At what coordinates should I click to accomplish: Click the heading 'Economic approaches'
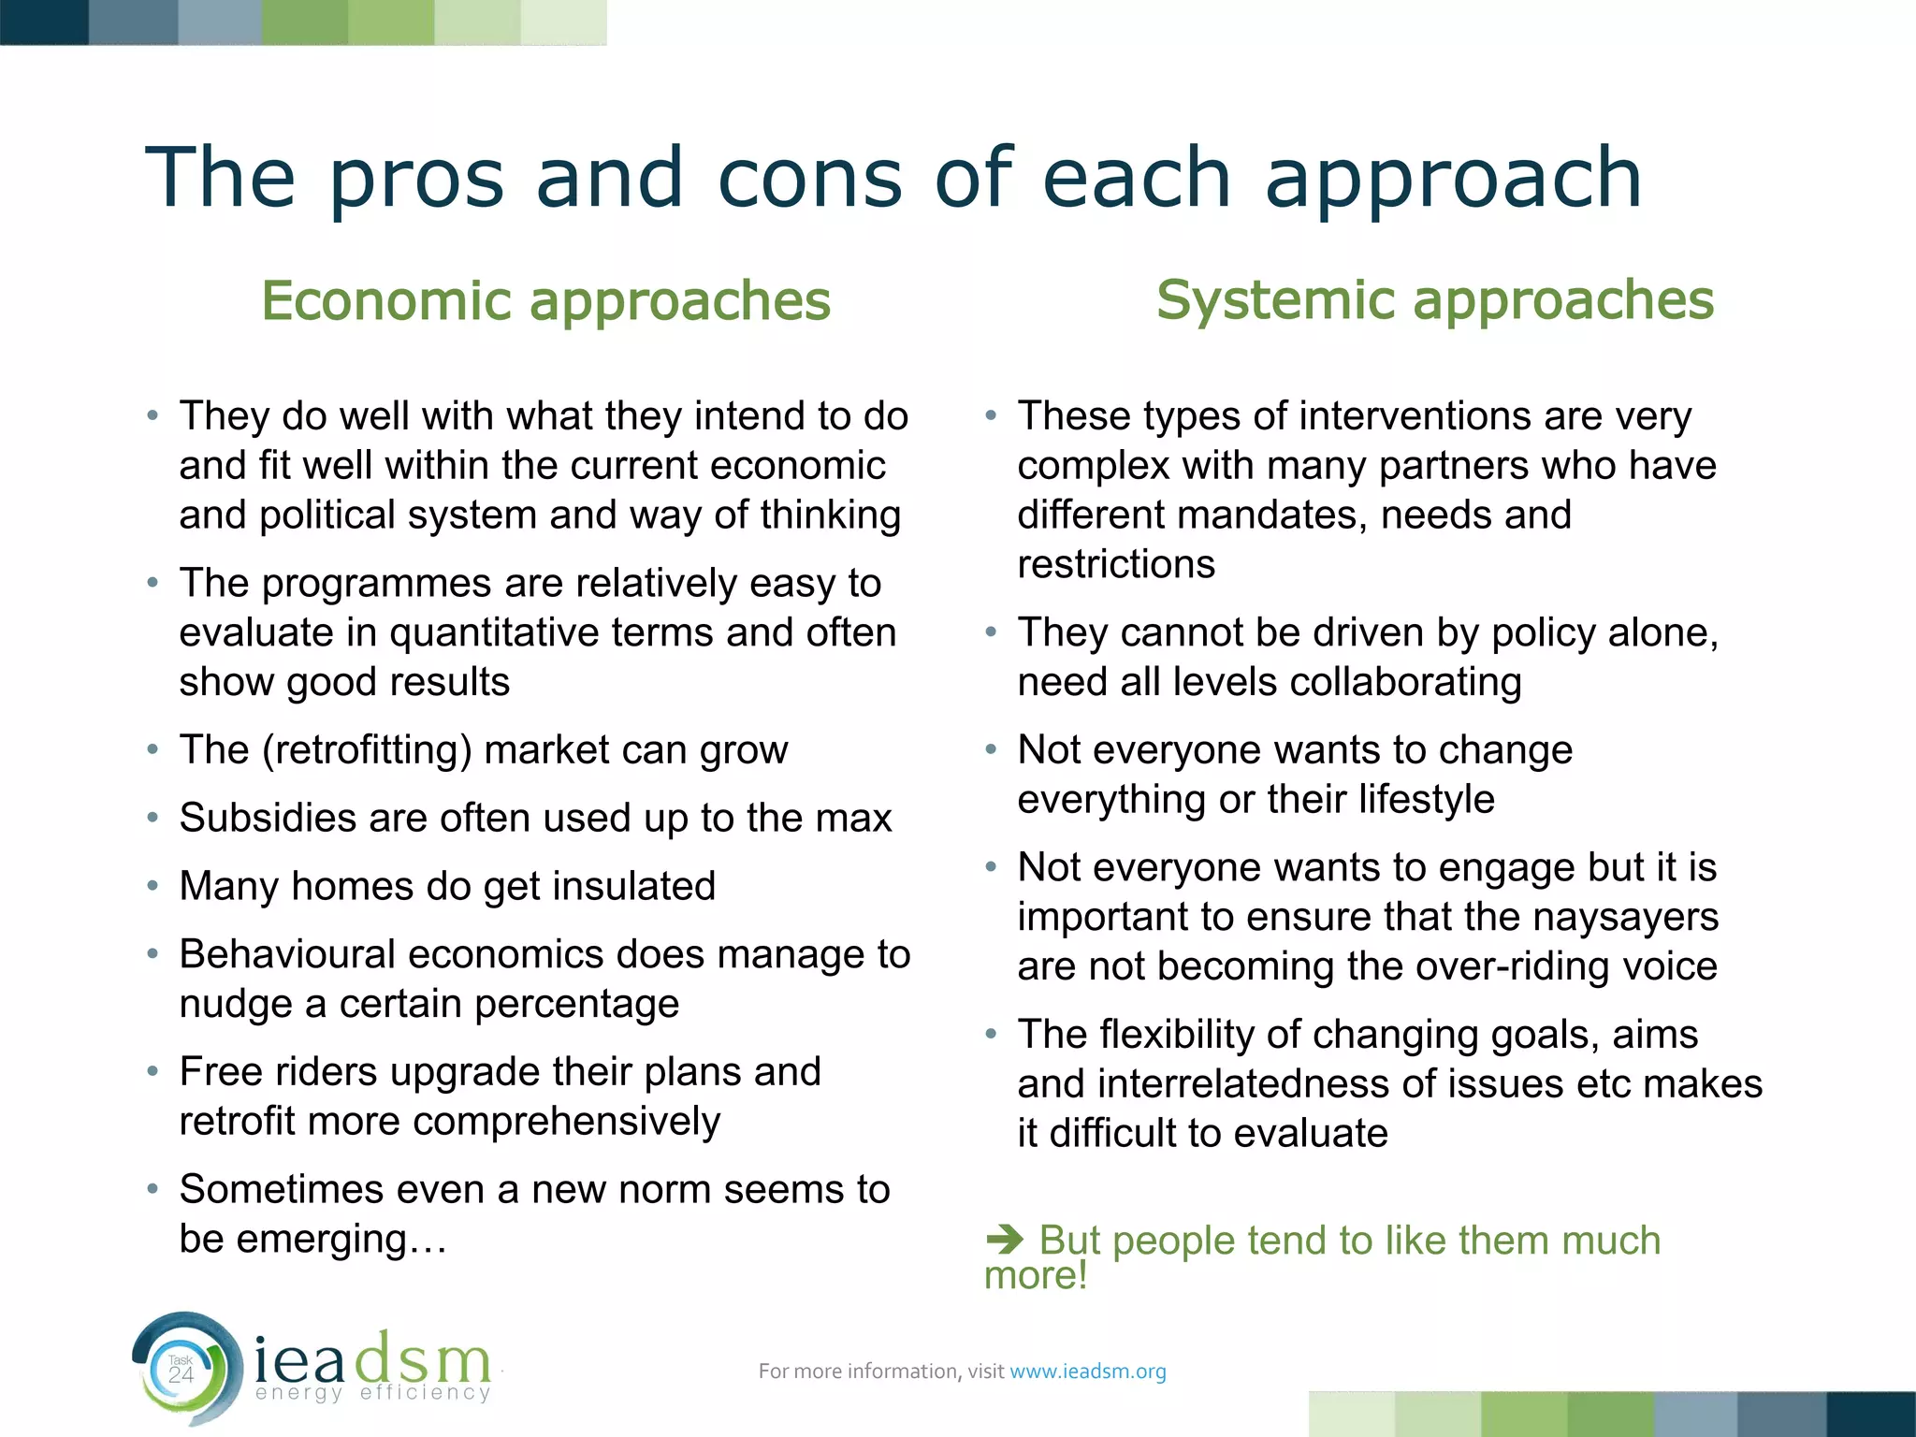coord(545,300)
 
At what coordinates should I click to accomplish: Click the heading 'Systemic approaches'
coord(1435,300)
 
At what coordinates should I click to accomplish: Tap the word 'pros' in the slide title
coord(417,179)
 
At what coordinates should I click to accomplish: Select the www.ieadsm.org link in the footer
coord(1088,1372)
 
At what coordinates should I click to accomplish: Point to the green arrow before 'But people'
coord(1006,1241)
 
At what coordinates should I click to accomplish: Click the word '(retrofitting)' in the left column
coord(367,750)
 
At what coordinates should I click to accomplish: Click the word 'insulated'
coord(634,887)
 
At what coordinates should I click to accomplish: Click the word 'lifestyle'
coord(1426,800)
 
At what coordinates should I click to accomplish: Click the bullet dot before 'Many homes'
coord(152,885)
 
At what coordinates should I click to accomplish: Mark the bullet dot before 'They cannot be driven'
coord(991,632)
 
